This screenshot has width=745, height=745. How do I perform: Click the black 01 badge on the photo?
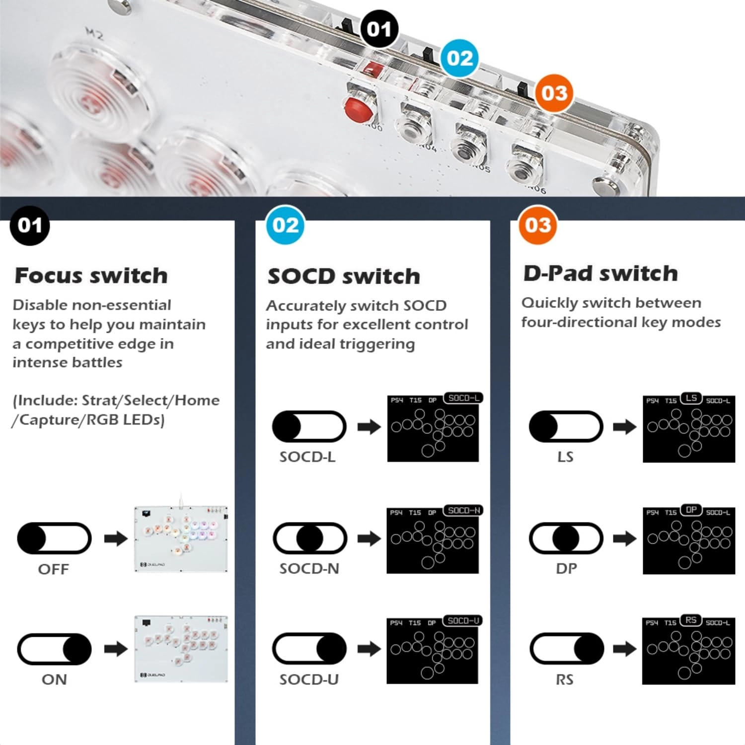pyautogui.click(x=379, y=29)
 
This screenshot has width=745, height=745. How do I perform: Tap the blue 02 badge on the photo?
pyautogui.click(x=460, y=58)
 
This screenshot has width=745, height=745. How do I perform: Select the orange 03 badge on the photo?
pyautogui.click(x=554, y=93)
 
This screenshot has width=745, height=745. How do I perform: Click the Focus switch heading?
pyautogui.click(x=91, y=276)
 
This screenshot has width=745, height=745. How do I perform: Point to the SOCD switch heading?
pyautogui.click(x=344, y=277)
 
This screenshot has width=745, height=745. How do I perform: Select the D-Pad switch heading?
pyautogui.click(x=600, y=274)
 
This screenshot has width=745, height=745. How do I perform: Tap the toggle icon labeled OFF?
pyautogui.click(x=54, y=538)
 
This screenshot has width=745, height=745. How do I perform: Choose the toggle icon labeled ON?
pyautogui.click(x=54, y=649)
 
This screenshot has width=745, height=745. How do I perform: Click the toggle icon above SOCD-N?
pyautogui.click(x=309, y=538)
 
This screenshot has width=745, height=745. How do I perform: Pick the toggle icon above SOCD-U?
pyautogui.click(x=309, y=649)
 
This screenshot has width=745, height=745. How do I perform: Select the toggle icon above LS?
pyautogui.click(x=566, y=427)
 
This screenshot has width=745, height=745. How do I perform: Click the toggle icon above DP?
pyautogui.click(x=566, y=538)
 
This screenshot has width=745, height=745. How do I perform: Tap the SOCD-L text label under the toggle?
pyautogui.click(x=307, y=457)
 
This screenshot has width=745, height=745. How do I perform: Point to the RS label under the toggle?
pyautogui.click(x=565, y=679)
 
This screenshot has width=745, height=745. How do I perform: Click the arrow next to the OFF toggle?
pyautogui.click(x=116, y=539)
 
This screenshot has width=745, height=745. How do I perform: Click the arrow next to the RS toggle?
pyautogui.click(x=624, y=649)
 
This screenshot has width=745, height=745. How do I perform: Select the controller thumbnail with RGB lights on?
pyautogui.click(x=181, y=539)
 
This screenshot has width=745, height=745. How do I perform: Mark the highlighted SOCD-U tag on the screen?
pyautogui.click(x=463, y=621)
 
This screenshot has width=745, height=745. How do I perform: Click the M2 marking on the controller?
pyautogui.click(x=94, y=34)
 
